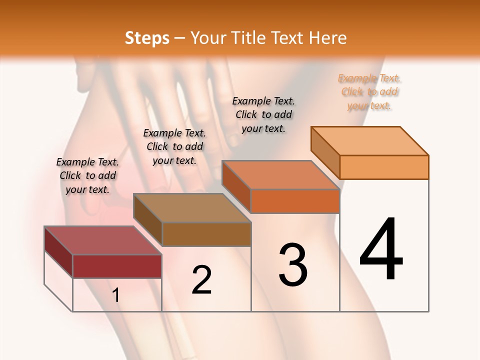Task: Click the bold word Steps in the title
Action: (147, 38)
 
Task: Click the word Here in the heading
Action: (328, 38)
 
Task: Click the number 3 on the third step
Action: (293, 264)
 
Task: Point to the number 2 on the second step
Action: (201, 280)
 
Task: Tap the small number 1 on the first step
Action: (116, 295)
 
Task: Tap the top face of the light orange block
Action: (369, 140)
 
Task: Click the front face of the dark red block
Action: (117, 266)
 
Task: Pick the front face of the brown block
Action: (206, 234)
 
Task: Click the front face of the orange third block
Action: (295, 201)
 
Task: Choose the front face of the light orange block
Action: (384, 167)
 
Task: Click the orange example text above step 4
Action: (369, 91)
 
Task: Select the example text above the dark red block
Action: (87, 175)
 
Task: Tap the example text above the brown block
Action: (174, 146)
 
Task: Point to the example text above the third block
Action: (263, 114)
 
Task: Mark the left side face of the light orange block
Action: (325, 152)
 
